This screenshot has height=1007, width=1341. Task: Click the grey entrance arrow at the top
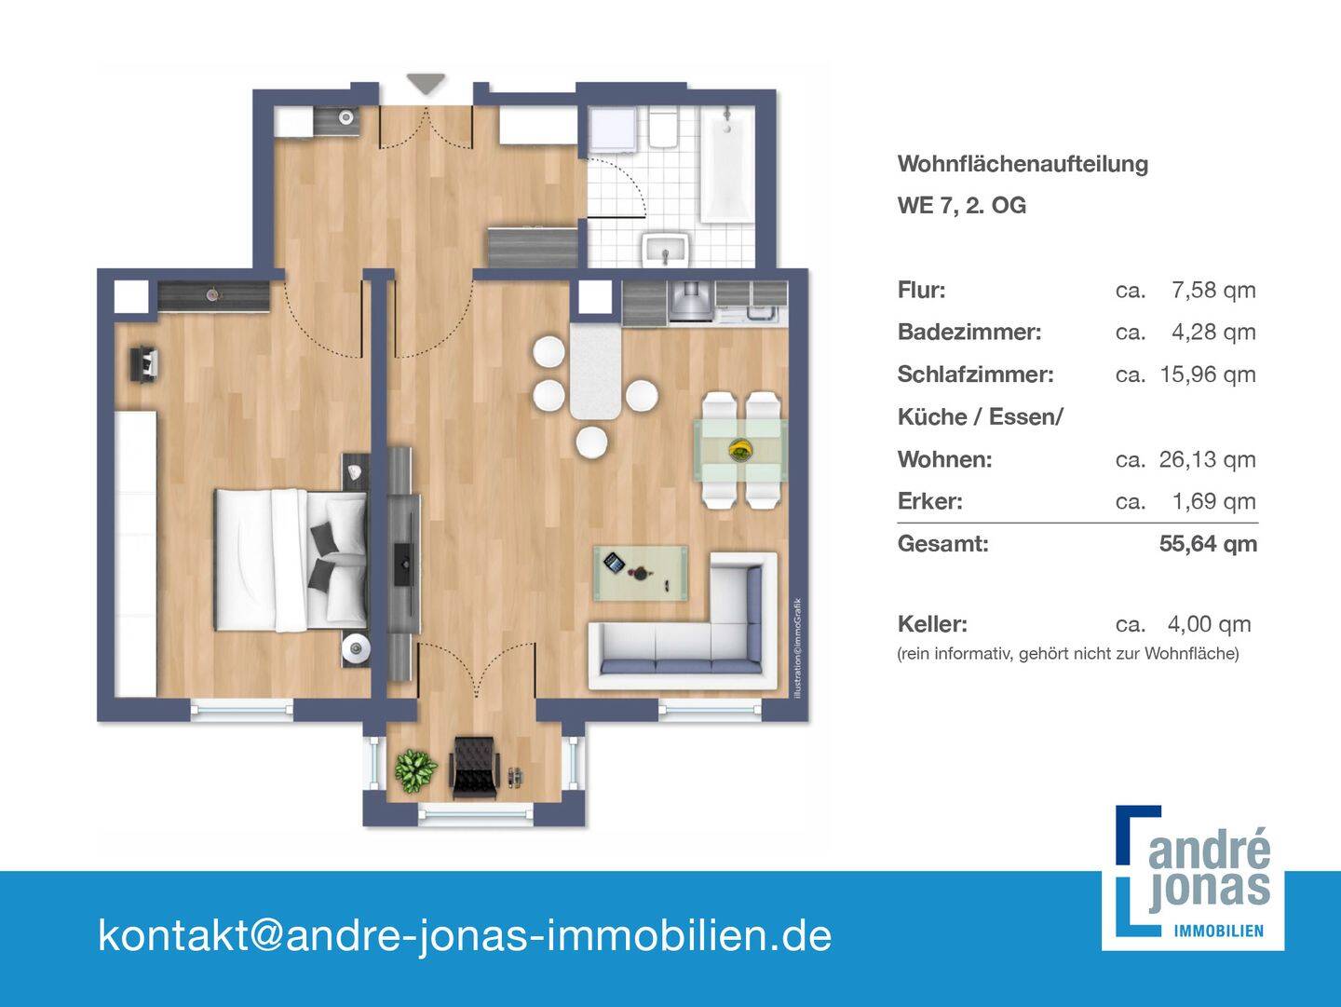point(427,84)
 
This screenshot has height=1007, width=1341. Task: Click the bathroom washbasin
point(665,250)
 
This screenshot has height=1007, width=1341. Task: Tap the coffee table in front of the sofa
point(641,572)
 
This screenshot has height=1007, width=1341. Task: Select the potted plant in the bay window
point(415,769)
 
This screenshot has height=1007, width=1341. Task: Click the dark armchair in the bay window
point(475,766)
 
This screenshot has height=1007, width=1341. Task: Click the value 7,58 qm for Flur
point(1213,291)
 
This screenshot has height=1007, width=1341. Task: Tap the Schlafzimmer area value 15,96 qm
point(1208,374)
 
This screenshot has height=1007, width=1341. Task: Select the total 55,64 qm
point(1208,544)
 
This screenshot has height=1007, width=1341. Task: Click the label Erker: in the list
point(929,501)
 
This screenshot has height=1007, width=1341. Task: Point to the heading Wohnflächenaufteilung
point(1023,164)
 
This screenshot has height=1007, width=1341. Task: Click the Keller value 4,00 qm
point(1209,624)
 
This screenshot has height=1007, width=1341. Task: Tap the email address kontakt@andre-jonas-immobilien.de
point(465,935)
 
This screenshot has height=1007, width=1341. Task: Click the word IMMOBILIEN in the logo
point(1219,931)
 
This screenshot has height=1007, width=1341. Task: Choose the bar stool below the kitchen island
point(591,441)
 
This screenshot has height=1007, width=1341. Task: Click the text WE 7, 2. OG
point(961,206)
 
